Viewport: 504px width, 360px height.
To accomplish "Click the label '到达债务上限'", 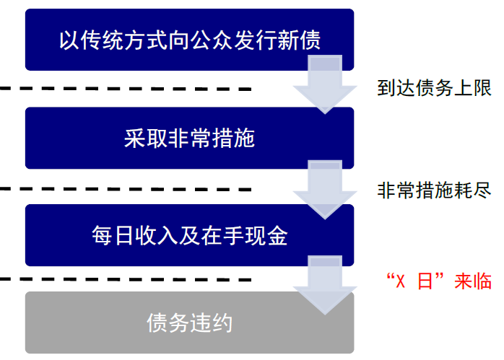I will click(x=434, y=89).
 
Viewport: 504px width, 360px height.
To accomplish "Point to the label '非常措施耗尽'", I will click(x=434, y=190).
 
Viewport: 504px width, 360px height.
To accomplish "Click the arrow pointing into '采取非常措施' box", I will click(x=324, y=87).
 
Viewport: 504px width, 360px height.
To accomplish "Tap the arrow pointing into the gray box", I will click(x=324, y=284).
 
